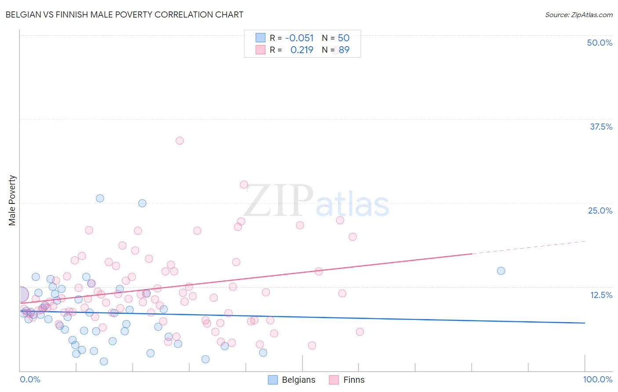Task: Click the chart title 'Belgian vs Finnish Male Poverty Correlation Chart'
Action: point(124,15)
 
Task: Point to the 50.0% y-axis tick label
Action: point(599,43)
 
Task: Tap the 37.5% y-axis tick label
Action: point(600,127)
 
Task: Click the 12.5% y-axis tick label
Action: point(600,294)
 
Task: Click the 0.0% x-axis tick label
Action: point(30,379)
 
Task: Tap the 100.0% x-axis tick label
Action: point(597,379)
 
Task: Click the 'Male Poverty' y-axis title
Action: point(12,200)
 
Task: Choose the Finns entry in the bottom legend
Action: point(347,380)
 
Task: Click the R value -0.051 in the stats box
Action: point(299,38)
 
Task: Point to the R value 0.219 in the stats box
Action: point(302,50)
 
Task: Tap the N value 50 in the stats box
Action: point(343,38)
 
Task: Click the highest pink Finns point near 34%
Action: point(179,141)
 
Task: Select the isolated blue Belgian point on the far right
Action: point(501,271)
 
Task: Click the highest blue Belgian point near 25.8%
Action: point(100,198)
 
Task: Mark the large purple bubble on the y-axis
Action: point(20,294)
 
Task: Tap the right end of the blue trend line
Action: point(584,323)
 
